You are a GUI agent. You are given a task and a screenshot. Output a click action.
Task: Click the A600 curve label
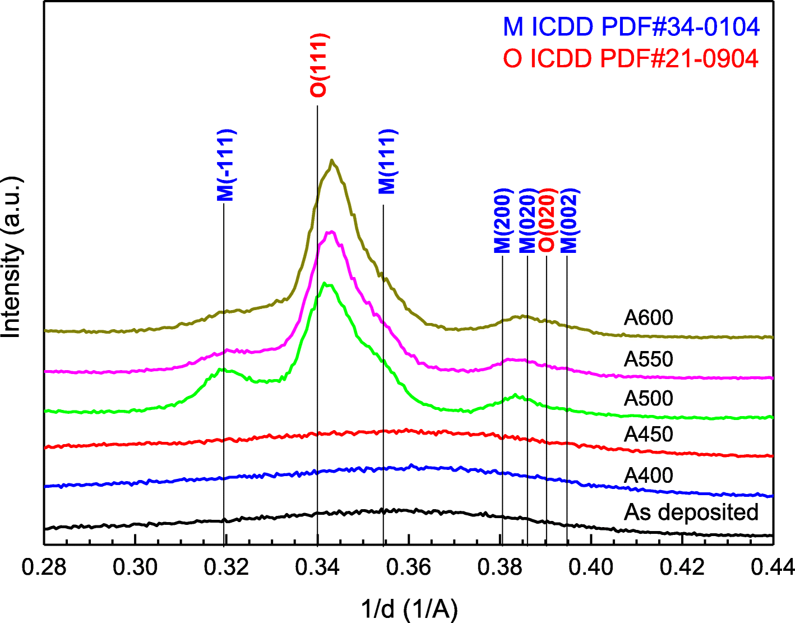point(648,318)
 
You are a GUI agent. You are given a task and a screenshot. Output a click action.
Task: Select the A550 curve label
point(648,359)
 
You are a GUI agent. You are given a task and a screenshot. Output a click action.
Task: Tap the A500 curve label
point(648,399)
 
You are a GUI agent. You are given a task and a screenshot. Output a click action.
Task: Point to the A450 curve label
point(648,435)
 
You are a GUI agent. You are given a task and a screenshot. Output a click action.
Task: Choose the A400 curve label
point(648,476)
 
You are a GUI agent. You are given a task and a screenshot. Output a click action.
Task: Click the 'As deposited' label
point(691,512)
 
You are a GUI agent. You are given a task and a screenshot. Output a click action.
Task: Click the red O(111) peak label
point(319,66)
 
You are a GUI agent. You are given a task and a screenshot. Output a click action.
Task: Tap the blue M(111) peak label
point(387,161)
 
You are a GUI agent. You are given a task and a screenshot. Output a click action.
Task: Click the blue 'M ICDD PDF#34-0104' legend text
point(631,26)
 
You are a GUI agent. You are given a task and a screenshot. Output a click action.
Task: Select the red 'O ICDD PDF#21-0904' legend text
point(631,58)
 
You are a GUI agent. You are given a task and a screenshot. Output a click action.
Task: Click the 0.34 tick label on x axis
point(318,567)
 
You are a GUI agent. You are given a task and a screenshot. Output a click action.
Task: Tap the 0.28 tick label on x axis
point(44,567)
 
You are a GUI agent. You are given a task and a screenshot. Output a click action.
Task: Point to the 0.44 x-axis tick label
point(774,567)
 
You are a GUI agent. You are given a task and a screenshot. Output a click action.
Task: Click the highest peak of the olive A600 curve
point(332,160)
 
